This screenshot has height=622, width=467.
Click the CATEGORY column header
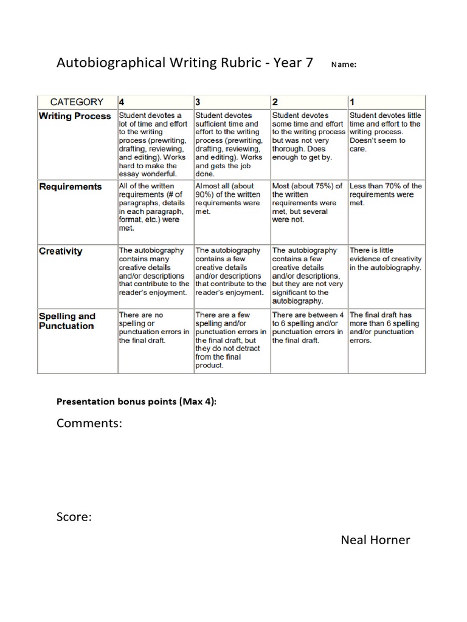click(77, 102)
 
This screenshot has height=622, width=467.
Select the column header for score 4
click(122, 102)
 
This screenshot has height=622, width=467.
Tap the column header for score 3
click(198, 102)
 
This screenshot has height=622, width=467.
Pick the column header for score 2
click(275, 102)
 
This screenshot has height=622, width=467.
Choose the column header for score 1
click(353, 102)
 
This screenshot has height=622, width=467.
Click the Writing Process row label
click(75, 116)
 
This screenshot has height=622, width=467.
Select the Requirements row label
click(71, 186)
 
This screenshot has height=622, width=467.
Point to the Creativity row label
click(60, 251)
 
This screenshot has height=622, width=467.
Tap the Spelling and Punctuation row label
click(67, 321)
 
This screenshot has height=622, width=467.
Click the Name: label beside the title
click(343, 64)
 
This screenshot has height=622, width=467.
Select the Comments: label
click(89, 423)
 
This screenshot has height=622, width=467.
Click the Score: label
click(74, 517)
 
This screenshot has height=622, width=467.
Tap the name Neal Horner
click(375, 539)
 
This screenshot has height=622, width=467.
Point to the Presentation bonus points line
click(137, 402)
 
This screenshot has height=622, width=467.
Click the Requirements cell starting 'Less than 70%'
click(386, 194)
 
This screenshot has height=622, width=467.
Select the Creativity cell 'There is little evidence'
click(386, 259)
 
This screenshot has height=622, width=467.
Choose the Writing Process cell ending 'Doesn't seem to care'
click(386, 132)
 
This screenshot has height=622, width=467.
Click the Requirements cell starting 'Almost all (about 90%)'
click(230, 199)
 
